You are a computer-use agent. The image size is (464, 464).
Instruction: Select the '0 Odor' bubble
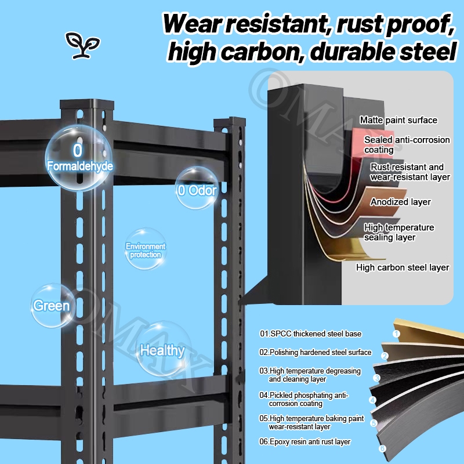pos(197,189)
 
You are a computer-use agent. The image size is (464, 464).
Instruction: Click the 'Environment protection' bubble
pos(146,250)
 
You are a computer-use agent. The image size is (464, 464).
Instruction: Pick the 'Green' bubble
pos(52,306)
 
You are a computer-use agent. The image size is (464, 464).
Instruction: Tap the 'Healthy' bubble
pos(162,350)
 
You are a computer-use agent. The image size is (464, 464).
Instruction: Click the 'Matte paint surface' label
pos(398,120)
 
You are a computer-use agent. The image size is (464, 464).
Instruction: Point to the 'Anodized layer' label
pos(401,202)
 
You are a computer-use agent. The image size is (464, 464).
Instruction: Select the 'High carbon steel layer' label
pos(403,267)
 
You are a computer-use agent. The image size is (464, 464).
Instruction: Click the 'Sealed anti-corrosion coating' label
pos(407,145)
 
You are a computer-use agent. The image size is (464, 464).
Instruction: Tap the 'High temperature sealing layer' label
pos(399,232)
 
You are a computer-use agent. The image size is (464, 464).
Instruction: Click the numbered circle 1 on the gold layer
pos(397,333)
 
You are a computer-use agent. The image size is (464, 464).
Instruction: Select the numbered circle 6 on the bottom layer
pos(382,448)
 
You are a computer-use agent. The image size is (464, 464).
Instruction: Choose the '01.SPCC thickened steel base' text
pos(310,333)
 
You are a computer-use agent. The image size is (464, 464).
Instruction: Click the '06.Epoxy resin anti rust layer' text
pos(305,441)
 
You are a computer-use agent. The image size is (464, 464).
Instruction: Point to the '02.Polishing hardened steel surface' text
pos(315,352)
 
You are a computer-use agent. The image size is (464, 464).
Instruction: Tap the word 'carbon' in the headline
pos(256,52)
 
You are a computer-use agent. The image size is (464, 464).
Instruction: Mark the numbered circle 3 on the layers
pos(376,378)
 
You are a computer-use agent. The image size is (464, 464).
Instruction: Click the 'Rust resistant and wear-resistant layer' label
pos(410,172)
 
